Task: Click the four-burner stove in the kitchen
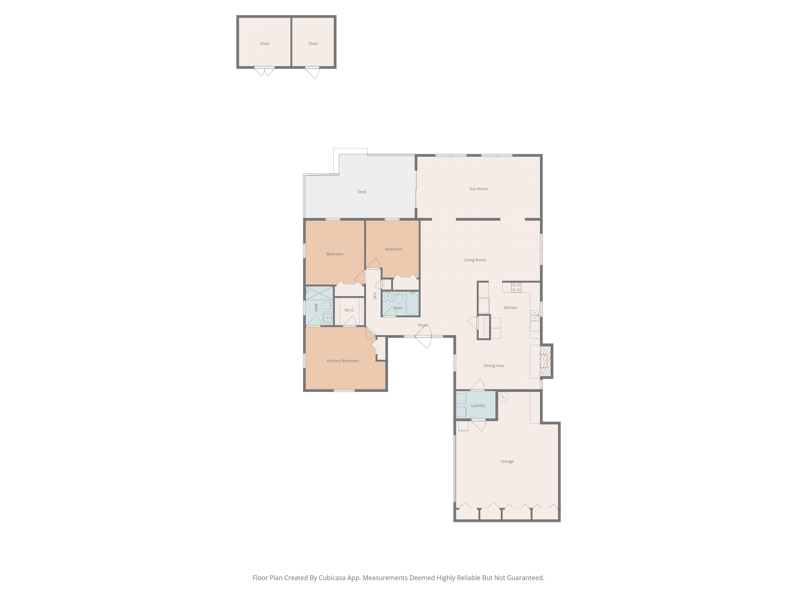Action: pos(516,287)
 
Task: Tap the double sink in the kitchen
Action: pos(534,315)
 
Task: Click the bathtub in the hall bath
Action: pos(412,303)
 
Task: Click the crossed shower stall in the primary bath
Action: pos(319,293)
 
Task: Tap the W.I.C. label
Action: pos(349,310)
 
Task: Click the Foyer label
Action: pos(423,325)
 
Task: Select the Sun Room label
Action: pos(478,189)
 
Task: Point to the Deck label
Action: pos(362,192)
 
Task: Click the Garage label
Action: pos(507,461)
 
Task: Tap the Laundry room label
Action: pos(478,405)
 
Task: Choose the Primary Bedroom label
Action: pos(342,361)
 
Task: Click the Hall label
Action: pos(375,296)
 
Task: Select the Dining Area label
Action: pos(494,365)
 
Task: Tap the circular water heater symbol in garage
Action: pos(503,397)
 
